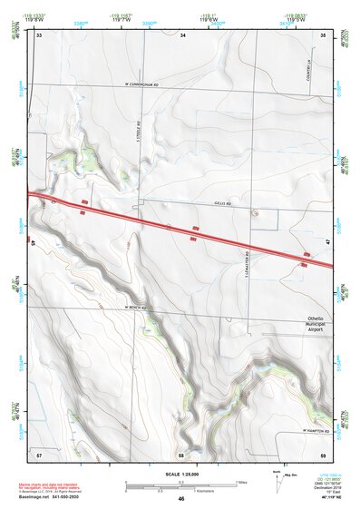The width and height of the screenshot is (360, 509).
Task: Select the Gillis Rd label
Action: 224,204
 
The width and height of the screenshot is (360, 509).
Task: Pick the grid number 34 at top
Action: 182,35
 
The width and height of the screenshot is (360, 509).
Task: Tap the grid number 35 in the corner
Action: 323,35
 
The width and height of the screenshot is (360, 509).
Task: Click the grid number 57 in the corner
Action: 39,452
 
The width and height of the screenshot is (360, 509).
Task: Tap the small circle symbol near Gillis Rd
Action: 255,211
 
